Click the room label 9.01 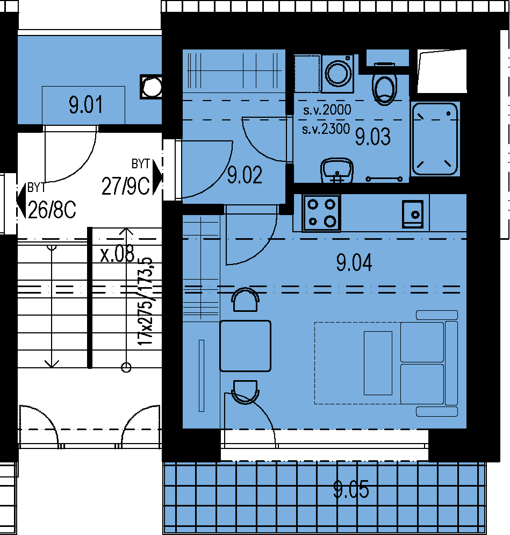click(x=85, y=105)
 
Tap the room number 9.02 click(x=245, y=175)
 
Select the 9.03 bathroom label click(x=372, y=137)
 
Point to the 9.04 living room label click(x=354, y=263)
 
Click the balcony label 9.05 click(x=351, y=490)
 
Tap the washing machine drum click(x=338, y=73)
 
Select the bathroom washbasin click(x=337, y=170)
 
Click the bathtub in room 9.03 click(x=435, y=139)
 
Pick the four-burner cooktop click(x=321, y=213)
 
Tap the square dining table click(x=245, y=346)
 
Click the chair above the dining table click(x=245, y=299)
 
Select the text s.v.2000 click(x=327, y=110)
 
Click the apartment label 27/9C click(x=125, y=186)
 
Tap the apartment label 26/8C click(x=52, y=210)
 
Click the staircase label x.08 click(x=117, y=254)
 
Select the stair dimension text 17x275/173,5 click(x=145, y=301)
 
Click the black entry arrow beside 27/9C click(x=157, y=177)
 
